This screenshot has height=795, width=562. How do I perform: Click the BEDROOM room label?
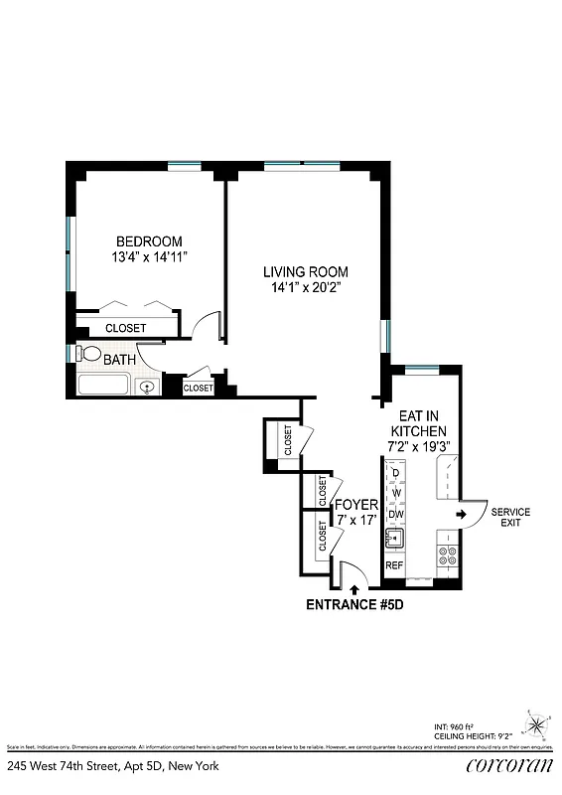click(149, 241)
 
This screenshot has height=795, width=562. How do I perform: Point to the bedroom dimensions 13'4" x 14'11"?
click(149, 257)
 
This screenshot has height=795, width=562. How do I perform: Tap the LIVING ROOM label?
click(305, 271)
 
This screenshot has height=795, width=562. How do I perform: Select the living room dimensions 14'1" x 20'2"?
click(305, 288)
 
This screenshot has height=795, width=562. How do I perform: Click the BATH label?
click(120, 360)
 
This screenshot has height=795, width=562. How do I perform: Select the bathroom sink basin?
click(148, 387)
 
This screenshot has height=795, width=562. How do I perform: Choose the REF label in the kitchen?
click(394, 565)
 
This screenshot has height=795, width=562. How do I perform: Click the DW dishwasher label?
click(395, 513)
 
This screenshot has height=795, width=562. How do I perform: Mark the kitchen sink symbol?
click(395, 540)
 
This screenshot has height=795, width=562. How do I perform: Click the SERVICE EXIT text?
click(510, 517)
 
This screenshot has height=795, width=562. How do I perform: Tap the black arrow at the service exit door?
click(462, 514)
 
